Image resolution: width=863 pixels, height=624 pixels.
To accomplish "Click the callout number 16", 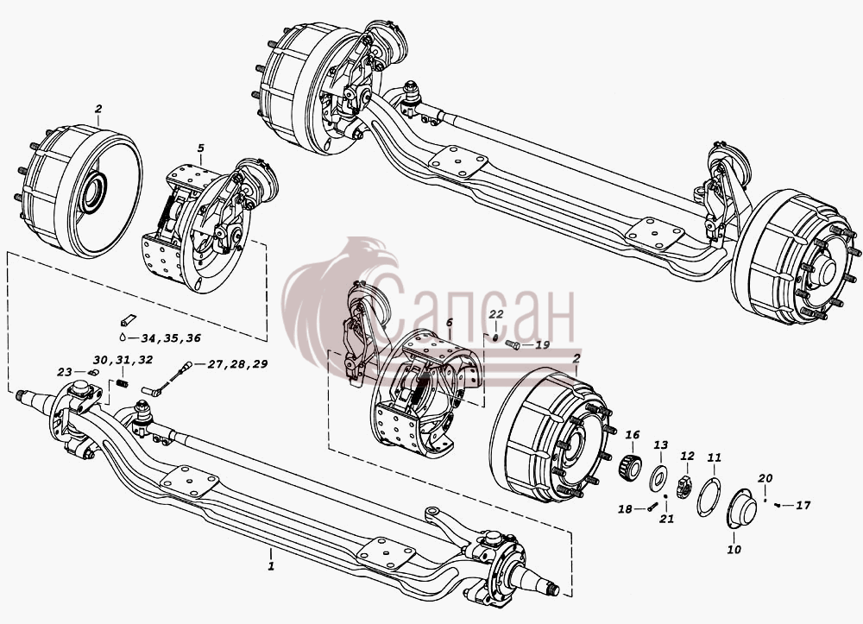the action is (633, 435).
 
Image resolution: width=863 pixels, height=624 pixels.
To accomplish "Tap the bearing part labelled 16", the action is (630, 467).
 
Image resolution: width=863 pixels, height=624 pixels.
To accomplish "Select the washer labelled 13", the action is (658, 478).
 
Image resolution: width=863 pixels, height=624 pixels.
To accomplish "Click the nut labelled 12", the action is (684, 487).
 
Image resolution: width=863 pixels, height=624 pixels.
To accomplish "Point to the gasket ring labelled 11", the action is (709, 497).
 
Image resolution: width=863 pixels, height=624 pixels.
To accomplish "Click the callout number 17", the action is (803, 504).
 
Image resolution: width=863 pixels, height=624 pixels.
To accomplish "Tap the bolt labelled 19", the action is (513, 345).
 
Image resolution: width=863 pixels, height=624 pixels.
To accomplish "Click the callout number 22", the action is (496, 313).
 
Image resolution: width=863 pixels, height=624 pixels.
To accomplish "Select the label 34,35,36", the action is (171, 337).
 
